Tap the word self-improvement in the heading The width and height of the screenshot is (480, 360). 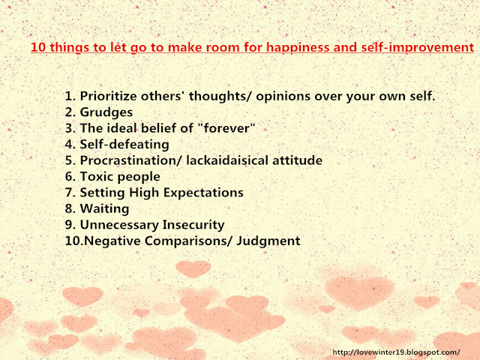417,48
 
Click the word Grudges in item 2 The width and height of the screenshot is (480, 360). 106,112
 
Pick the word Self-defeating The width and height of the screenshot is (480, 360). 124,144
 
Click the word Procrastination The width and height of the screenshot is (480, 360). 130,160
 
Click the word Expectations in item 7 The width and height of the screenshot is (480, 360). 203,193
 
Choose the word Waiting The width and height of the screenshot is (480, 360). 104,209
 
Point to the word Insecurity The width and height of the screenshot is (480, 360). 193,225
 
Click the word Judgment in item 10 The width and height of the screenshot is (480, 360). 268,241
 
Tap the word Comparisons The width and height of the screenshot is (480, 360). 188,241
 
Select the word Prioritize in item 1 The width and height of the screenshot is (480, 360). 108,96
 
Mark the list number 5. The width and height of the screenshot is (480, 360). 70,160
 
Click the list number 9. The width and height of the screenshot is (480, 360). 70,225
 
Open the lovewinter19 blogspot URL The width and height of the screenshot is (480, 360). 396,352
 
